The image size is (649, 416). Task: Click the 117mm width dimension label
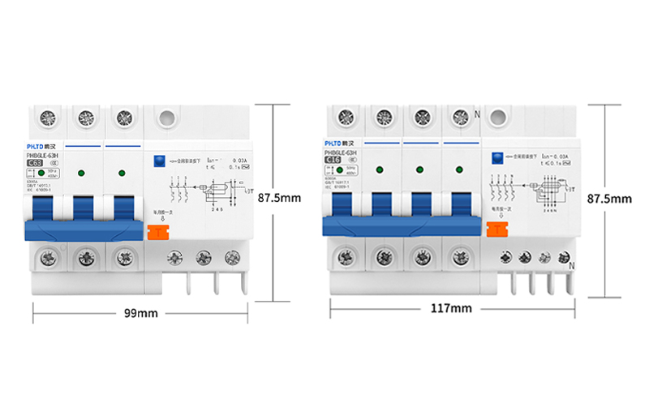(x=451, y=308)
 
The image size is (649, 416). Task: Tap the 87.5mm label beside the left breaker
(x=278, y=197)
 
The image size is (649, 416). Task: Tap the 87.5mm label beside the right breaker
(x=609, y=198)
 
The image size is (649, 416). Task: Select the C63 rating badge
(x=37, y=163)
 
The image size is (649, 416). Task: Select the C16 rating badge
(x=333, y=160)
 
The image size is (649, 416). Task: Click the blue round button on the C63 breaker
(x=159, y=161)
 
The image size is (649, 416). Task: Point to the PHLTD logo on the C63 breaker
(x=39, y=144)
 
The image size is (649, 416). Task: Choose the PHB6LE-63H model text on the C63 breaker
(x=43, y=154)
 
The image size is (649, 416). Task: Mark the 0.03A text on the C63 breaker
(x=239, y=161)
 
